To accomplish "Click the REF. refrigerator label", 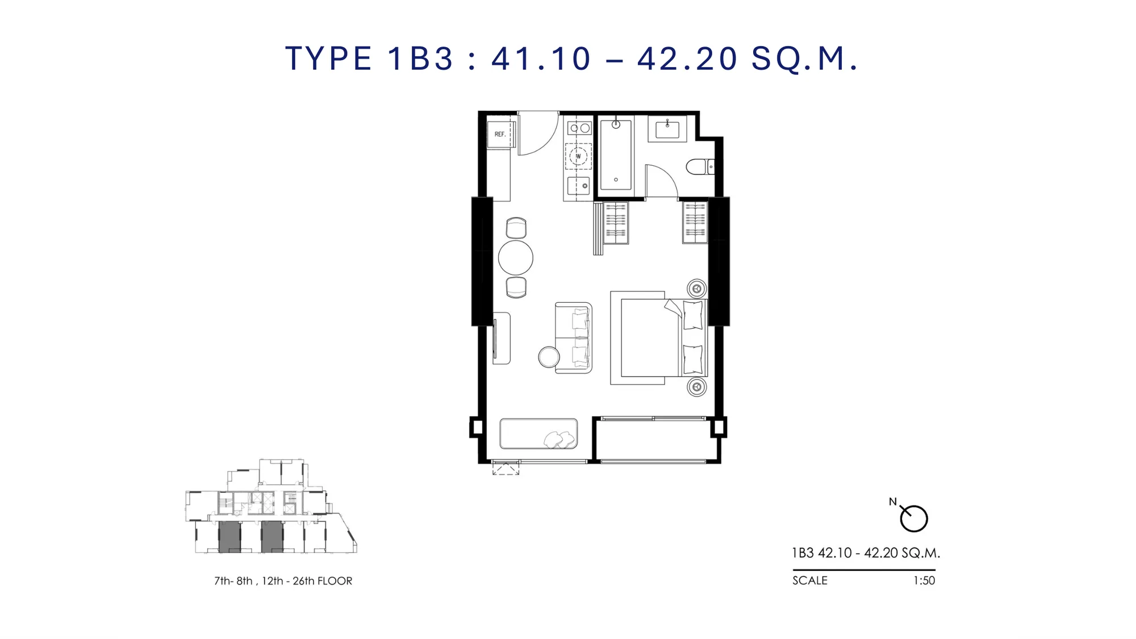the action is [500, 135].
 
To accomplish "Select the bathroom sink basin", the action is [667, 130].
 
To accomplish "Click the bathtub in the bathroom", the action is [616, 154].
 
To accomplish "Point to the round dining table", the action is [516, 258].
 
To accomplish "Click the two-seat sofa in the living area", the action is [574, 338].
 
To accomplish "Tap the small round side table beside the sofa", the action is [549, 357].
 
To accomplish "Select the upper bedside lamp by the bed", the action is [697, 289].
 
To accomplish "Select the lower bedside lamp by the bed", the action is [697, 387].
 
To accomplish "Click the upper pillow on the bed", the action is [693, 315].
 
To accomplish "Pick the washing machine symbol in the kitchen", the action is [578, 156].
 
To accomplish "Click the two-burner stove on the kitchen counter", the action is [579, 128].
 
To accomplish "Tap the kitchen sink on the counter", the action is [579, 186].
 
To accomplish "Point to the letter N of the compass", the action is [893, 502].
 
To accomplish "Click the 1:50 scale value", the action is [924, 580].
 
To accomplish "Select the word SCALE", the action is [810, 580].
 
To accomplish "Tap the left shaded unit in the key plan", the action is [229, 537].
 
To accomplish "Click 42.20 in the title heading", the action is [687, 59].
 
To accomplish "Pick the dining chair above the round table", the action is [516, 228].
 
